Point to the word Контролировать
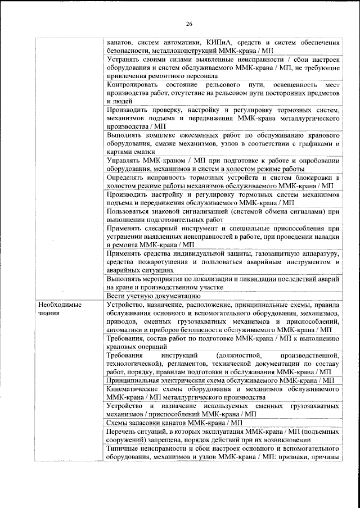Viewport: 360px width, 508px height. pyautogui.click(x=133, y=84)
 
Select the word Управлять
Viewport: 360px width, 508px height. pyautogui.click(x=123, y=161)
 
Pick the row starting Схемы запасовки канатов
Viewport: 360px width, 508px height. pyautogui.click(x=174, y=422)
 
